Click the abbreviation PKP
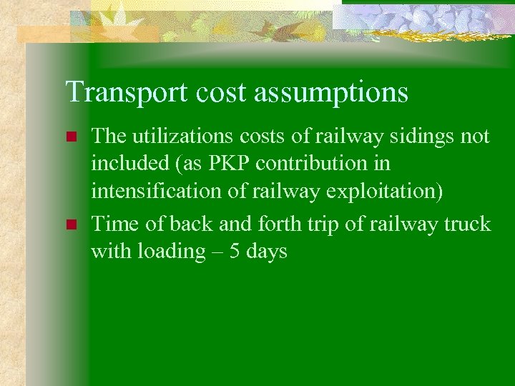pyautogui.click(x=230, y=164)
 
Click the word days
pyautogui.click(x=266, y=252)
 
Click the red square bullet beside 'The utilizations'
pyautogui.click(x=70, y=137)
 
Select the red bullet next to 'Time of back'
pyautogui.click(x=70, y=224)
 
